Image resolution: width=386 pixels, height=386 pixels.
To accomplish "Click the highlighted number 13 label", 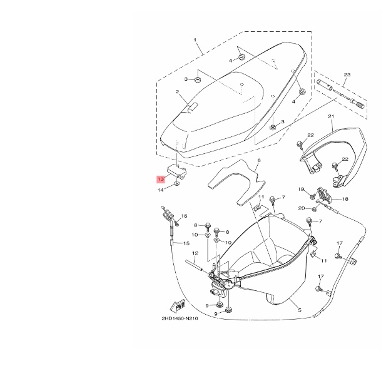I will click(x=161, y=178).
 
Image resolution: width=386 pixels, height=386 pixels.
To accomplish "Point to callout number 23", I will click(x=345, y=74).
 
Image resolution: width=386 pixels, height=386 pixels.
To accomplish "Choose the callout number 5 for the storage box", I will click(x=300, y=310).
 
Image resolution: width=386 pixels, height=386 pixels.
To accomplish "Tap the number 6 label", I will click(x=258, y=161).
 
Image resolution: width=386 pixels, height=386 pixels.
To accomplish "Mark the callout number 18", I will click(x=345, y=199).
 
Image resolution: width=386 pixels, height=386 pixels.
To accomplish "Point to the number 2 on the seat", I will click(x=177, y=91).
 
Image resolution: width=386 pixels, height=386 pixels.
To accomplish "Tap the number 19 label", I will click(x=300, y=189).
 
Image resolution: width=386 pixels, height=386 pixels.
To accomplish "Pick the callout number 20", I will click(x=301, y=208).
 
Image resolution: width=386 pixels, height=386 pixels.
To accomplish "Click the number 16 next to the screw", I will click(x=185, y=216).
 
